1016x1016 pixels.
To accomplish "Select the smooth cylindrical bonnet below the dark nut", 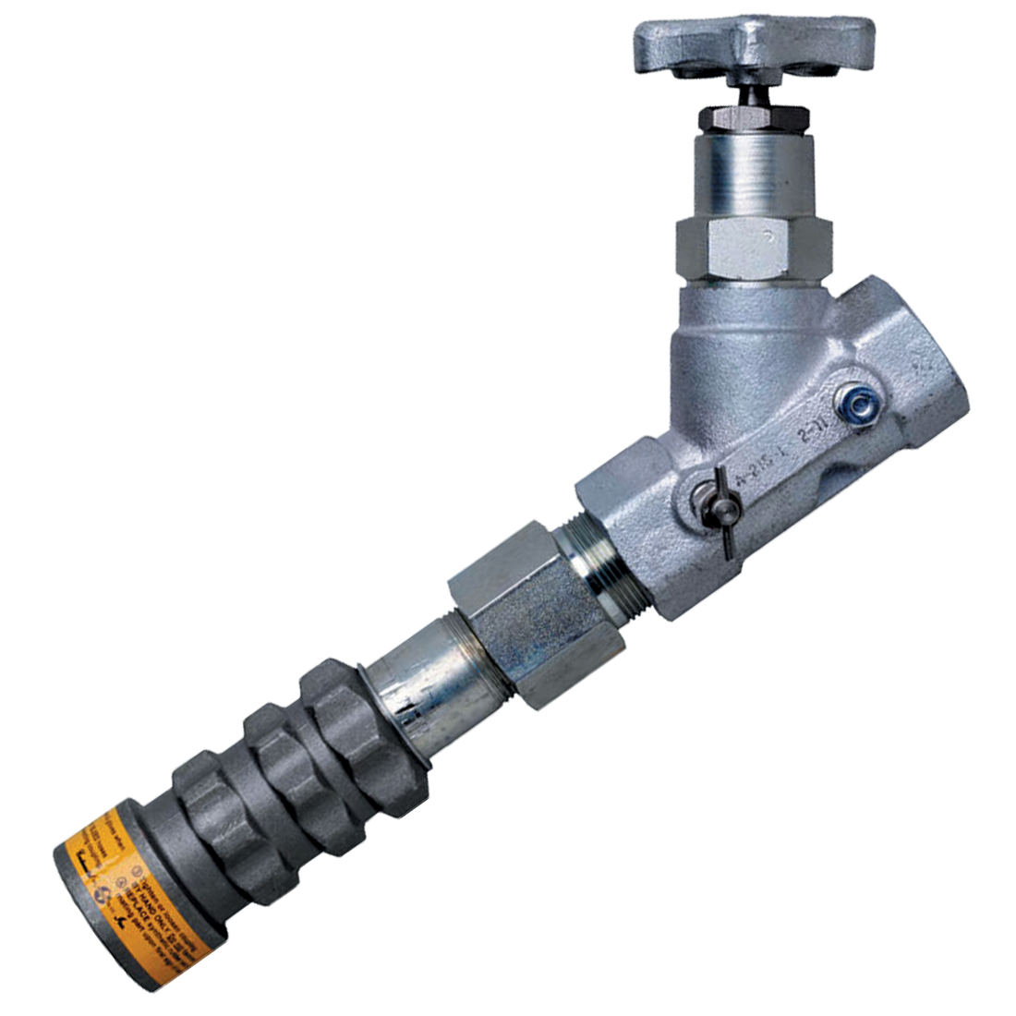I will tap(754, 175).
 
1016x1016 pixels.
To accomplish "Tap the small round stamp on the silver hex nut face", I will tap(767, 235).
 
